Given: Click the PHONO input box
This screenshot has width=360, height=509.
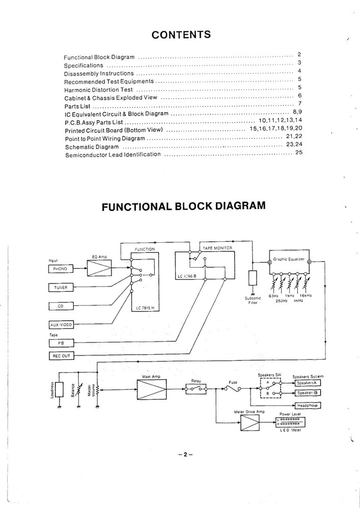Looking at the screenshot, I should pyautogui.click(x=61, y=268).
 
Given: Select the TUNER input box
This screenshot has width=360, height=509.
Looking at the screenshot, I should pyautogui.click(x=61, y=288).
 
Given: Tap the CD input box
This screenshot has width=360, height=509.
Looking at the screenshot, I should pyautogui.click(x=61, y=306).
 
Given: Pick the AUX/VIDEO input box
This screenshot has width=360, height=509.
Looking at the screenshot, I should pyautogui.click(x=61, y=324).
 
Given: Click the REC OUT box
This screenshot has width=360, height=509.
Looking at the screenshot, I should pyautogui.click(x=61, y=356).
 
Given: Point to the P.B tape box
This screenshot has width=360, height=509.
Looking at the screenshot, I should pyautogui.click(x=61, y=344).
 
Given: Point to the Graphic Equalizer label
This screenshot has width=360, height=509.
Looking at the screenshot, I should pyautogui.click(x=289, y=259).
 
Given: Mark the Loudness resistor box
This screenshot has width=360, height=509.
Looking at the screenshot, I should pyautogui.click(x=60, y=390).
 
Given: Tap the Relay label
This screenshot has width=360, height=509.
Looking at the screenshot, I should pyautogui.click(x=196, y=380).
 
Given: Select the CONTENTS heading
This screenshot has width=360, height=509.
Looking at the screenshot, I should pyautogui.click(x=182, y=35).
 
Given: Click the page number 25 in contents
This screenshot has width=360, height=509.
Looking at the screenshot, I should pyautogui.click(x=299, y=153).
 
